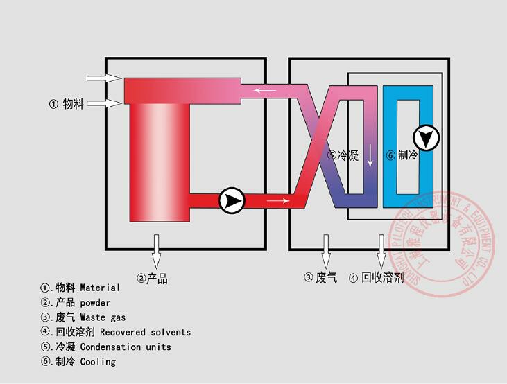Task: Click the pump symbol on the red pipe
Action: pos(232,201)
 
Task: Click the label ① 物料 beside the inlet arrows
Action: pos(67,104)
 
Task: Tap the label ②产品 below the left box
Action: pos(152,279)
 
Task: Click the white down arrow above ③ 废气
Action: pos(325,248)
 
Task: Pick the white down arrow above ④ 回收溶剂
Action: pos(381,248)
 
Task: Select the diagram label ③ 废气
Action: pos(320,278)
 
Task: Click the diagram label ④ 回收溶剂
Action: pos(376,278)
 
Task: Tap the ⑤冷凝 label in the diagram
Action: pos(343,155)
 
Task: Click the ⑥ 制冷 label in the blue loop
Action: pos(402,155)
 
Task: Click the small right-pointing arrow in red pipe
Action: pos(277,202)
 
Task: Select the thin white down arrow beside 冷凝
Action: pos(370,155)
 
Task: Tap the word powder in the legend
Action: pos(95,302)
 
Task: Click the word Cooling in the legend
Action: pos(98,361)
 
